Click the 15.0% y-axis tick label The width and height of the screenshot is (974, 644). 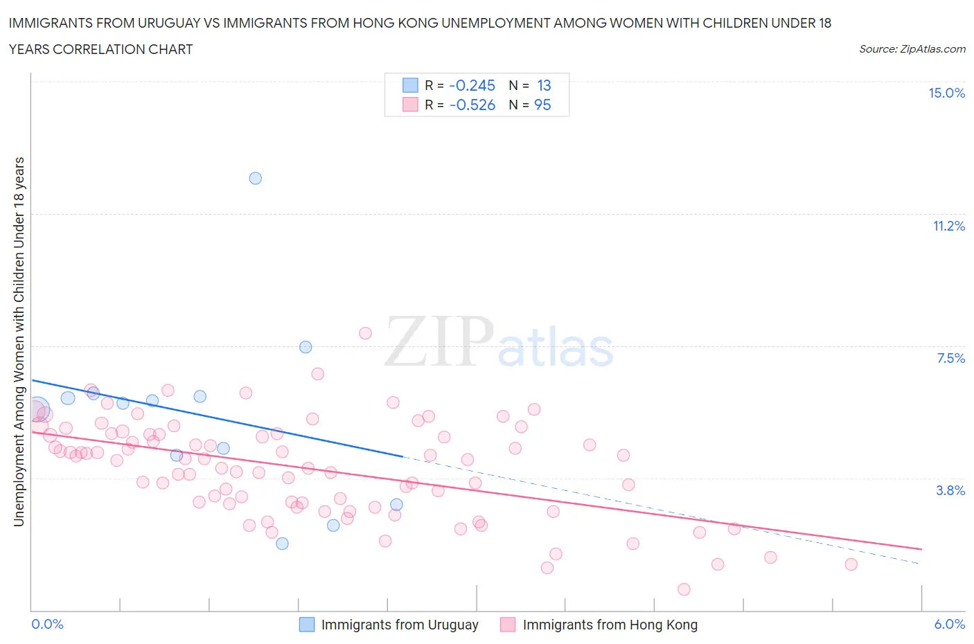pos(946,93)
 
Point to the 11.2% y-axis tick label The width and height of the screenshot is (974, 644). pos(948,226)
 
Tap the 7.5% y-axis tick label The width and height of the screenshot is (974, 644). pos(950,358)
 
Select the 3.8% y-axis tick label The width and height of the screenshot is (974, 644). pos(950,490)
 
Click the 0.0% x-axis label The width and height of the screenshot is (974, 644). pos(47,624)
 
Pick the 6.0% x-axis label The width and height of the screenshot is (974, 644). pos(949,624)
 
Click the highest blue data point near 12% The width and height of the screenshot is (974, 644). pos(255,178)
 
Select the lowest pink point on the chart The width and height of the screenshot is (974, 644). pos(684,589)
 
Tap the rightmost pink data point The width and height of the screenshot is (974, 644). pos(851,564)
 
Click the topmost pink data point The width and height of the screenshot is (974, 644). pos(365,333)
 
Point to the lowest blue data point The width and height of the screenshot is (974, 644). pos(282,544)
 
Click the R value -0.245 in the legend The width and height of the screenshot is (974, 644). pos(472,85)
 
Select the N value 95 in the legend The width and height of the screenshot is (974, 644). pos(542,105)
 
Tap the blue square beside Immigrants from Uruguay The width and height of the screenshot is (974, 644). pos(306,625)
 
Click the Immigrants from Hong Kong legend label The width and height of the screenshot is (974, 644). pos(610,625)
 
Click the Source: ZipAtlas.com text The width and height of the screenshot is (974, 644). pos(912,48)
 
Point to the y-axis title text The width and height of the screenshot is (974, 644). pos(19,341)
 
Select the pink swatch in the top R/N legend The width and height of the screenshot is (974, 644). pos(410,105)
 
